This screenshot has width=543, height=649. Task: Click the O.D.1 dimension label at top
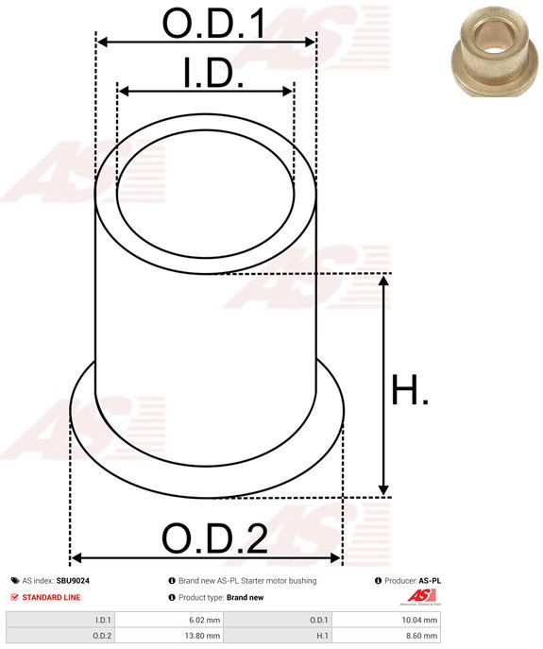click(214, 24)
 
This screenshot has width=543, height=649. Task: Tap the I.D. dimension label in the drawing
click(213, 74)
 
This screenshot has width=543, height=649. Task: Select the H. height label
click(410, 389)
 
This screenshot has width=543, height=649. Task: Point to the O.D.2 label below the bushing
click(214, 538)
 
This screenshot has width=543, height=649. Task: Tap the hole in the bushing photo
click(495, 42)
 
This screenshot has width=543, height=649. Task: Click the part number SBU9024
click(73, 581)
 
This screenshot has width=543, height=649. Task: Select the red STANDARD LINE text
click(51, 597)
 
